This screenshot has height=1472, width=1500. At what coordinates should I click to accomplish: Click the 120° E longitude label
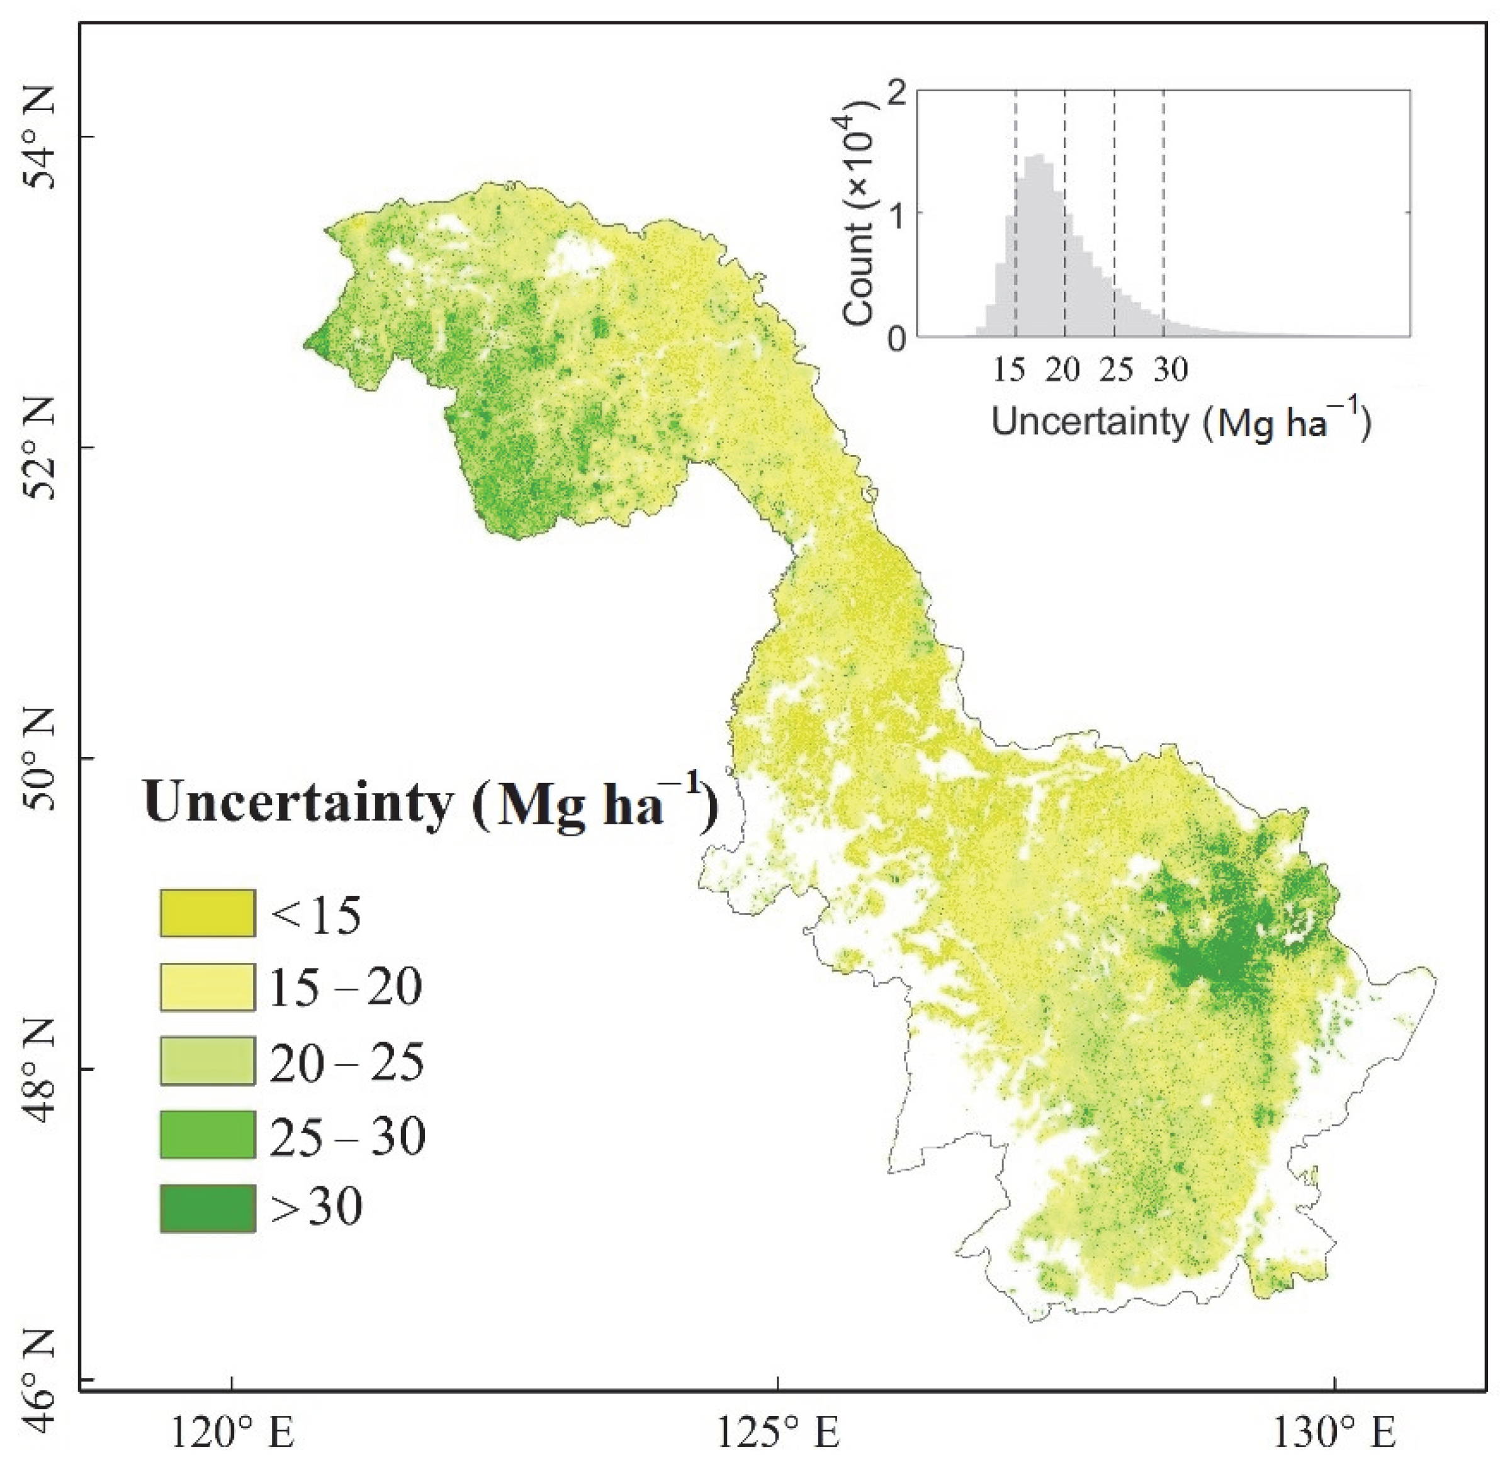point(233,1435)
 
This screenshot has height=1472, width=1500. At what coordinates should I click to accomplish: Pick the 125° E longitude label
point(777,1435)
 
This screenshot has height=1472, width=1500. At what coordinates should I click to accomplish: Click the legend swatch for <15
point(207,913)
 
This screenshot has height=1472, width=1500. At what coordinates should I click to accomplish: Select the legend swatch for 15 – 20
point(207,987)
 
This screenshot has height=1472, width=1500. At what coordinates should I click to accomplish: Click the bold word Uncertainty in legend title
point(298,802)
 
